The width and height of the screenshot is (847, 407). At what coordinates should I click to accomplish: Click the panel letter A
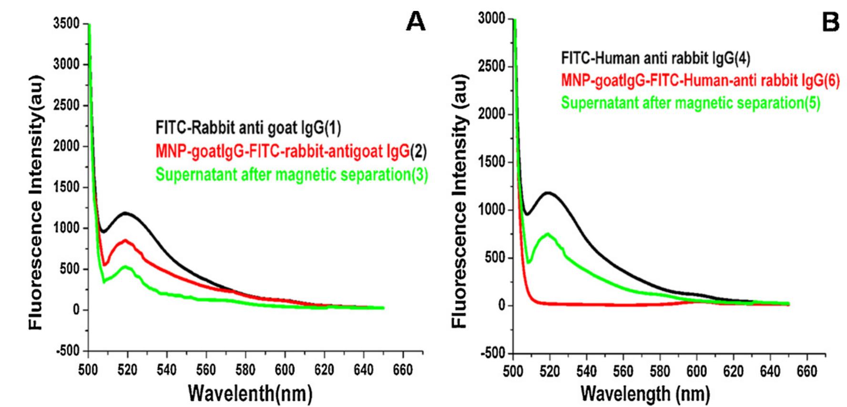[415, 22]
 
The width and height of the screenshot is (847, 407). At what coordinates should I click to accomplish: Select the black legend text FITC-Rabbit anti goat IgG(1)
[248, 128]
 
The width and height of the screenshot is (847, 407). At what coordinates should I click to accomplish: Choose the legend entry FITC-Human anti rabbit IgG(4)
[655, 59]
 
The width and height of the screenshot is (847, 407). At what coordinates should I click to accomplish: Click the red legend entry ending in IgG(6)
[700, 81]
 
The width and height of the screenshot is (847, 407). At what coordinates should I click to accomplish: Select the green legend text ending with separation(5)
[691, 103]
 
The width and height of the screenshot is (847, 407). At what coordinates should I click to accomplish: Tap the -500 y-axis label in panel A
[67, 351]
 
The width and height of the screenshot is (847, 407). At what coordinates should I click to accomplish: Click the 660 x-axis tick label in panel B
[806, 371]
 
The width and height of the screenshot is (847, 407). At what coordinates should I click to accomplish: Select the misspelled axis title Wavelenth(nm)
[250, 394]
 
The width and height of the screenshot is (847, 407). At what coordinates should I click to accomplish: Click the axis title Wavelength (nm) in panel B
[645, 394]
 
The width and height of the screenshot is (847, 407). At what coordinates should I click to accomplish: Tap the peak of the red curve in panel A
[125, 240]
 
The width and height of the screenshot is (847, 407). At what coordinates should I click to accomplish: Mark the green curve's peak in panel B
[548, 234]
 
